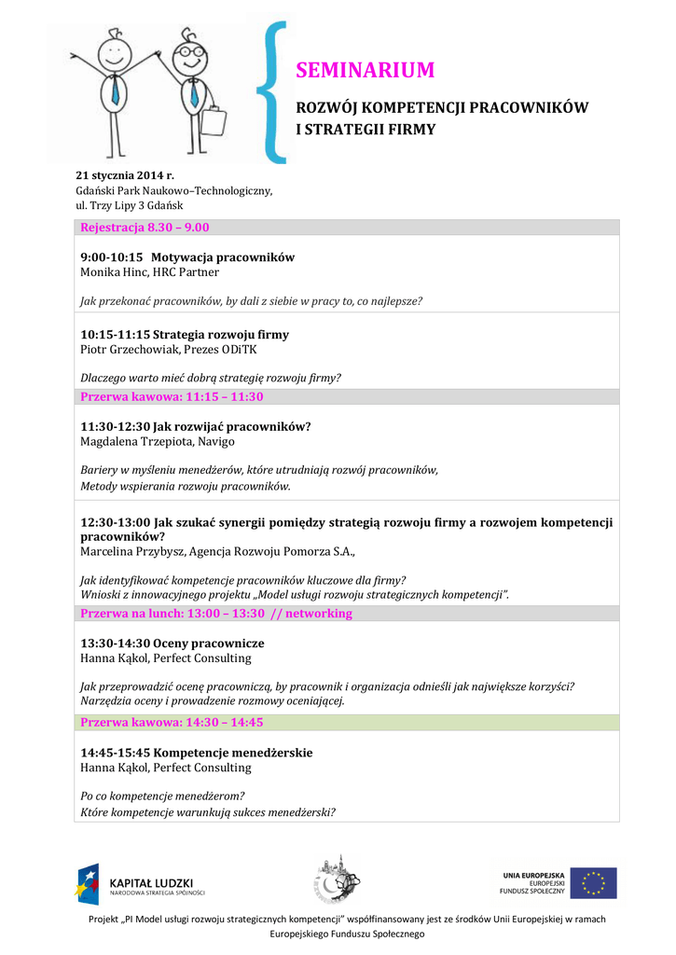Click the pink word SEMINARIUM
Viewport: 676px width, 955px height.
pos(365,70)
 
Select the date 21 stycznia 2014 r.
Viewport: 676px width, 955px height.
pos(125,175)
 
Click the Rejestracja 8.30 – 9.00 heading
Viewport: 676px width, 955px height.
pos(145,228)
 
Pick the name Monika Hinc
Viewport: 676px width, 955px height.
pos(113,272)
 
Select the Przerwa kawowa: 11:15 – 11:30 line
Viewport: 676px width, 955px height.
pos(172,396)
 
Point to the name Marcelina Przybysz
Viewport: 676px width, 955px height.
pos(131,551)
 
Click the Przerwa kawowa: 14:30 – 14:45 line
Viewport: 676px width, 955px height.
pos(172,722)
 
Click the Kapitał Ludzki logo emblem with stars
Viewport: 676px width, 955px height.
pos(89,883)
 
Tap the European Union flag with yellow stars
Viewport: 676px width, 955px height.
pos(593,882)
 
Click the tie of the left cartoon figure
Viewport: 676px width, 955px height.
pos(115,91)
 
